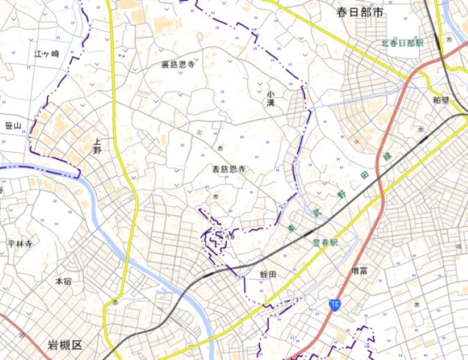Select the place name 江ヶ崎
pos(47,54)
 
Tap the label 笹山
pos(12,126)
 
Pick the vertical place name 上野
pos(97,146)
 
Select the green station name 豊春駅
pos(326,243)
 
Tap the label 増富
pos(359,270)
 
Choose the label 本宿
pos(63,281)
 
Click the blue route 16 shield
pos(334,304)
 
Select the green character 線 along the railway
pos(387,157)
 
